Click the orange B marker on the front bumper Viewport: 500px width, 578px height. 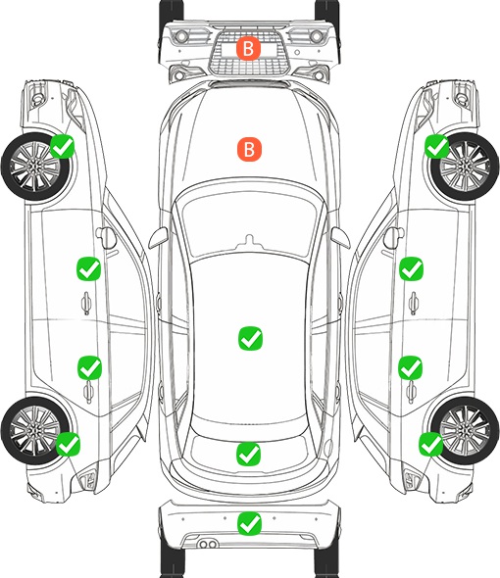pos(248,48)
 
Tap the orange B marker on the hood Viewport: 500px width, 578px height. pos(249,149)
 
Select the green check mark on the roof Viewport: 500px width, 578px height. pos(251,338)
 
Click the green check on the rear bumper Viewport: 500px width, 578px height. pos(250,523)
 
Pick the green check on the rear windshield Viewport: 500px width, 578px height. pos(248,454)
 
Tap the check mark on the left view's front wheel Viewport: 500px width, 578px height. pos(63,146)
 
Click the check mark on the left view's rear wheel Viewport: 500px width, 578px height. pos(68,444)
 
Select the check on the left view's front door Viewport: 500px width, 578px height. pos(88,268)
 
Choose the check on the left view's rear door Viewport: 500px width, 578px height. pos(89,367)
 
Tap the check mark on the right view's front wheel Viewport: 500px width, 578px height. pos(437,146)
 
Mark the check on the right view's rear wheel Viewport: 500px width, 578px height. pos(430,444)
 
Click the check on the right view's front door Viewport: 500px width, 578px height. pos(411,268)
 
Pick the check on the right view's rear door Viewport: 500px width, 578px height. pos(410,367)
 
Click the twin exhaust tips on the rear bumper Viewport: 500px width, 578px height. pos(208,545)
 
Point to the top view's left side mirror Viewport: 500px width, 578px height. pos(158,238)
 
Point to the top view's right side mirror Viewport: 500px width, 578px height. pos(340,238)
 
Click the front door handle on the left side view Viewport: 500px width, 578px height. pos(86,303)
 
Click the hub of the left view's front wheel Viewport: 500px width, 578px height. pos(34,167)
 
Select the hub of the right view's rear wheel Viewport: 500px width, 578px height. pos(465,430)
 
